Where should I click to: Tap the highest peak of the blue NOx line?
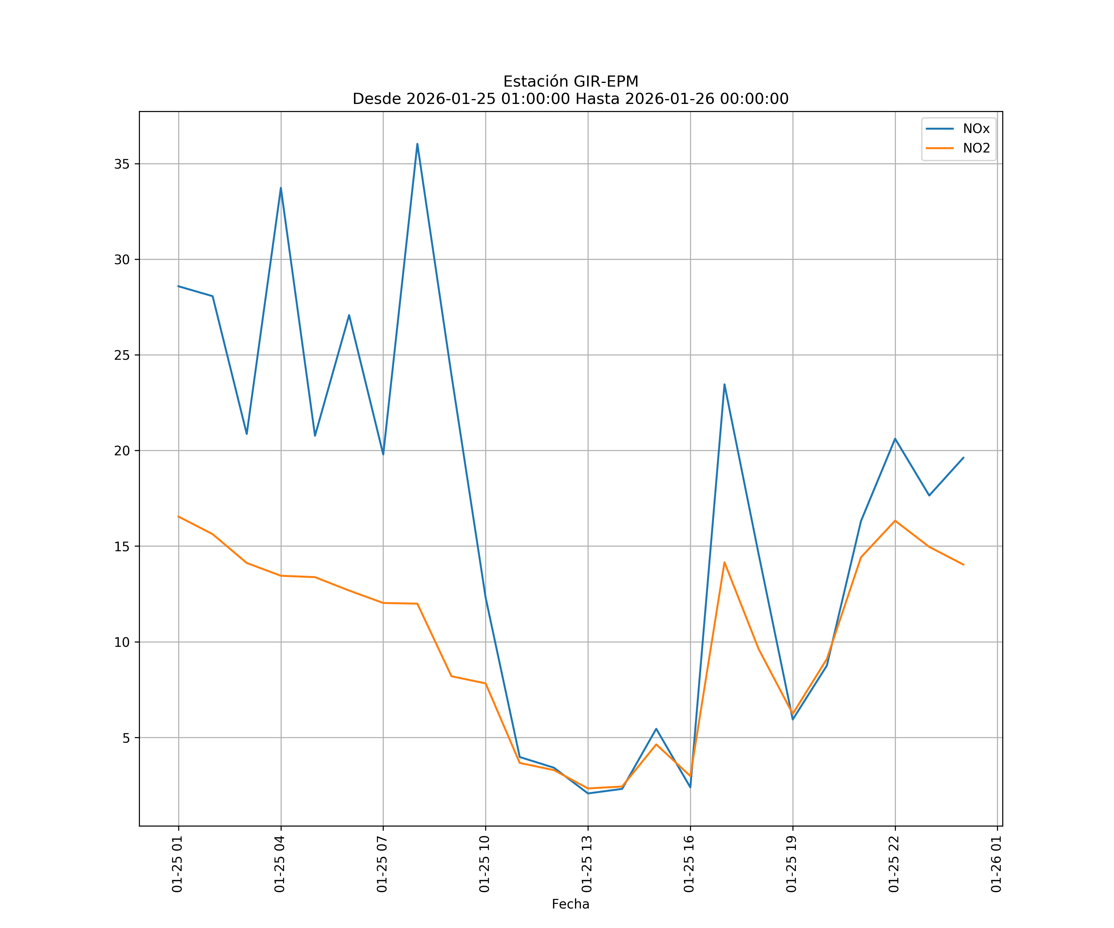pyautogui.click(x=417, y=144)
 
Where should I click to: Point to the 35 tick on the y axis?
pyautogui.click(x=122, y=164)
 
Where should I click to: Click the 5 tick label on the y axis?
pyautogui.click(x=126, y=738)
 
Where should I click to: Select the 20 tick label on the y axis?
pyautogui.click(x=122, y=451)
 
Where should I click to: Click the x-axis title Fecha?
pyautogui.click(x=570, y=904)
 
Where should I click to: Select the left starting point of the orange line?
pyautogui.click(x=179, y=517)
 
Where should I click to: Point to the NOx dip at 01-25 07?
pyautogui.click(x=383, y=454)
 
